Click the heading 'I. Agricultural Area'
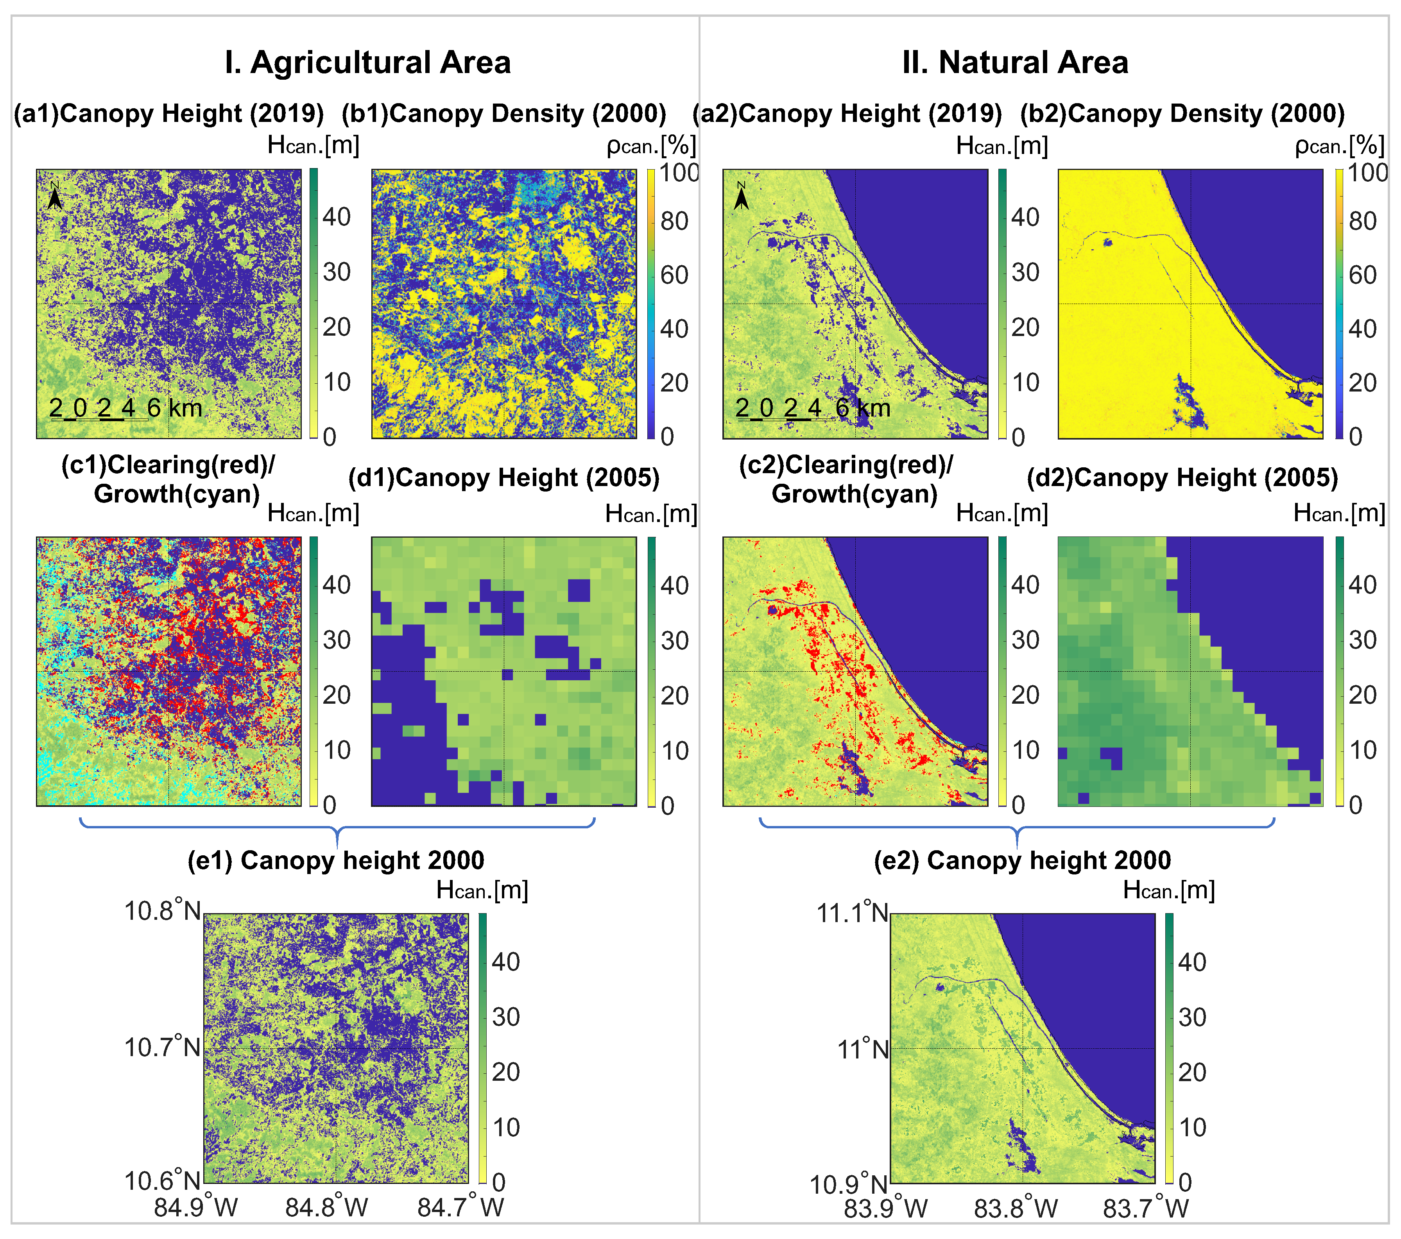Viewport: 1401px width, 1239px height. coord(367,63)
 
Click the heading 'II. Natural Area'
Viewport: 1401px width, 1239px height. coord(1015,63)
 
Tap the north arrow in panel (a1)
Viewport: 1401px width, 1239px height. coord(55,196)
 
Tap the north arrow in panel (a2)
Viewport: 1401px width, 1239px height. coord(741,196)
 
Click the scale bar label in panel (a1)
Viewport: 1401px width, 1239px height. coord(125,408)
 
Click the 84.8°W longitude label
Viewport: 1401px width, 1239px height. coord(327,1207)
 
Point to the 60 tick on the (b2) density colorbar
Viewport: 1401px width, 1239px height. coord(1363,275)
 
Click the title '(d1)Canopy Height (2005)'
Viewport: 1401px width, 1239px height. coord(504,477)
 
